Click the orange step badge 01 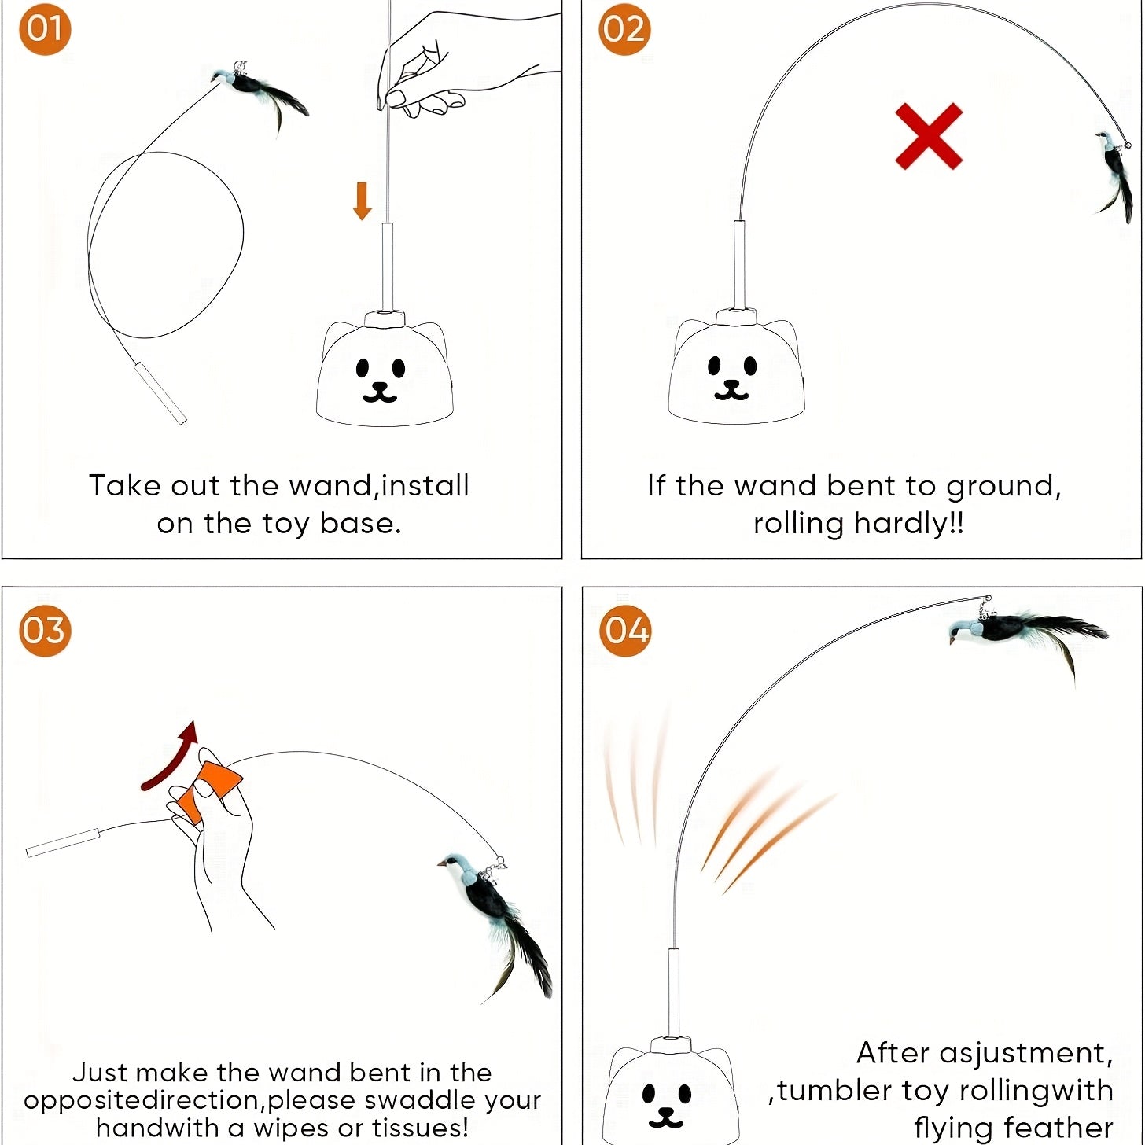[45, 29]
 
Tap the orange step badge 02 [624, 29]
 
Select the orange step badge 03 [45, 631]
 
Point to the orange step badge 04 [625, 631]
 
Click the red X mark [929, 136]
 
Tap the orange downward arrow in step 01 [362, 201]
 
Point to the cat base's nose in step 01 [381, 386]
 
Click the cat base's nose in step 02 [731, 385]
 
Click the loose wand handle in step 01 [160, 393]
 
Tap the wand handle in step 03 [63, 842]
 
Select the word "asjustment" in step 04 [1022, 1053]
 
